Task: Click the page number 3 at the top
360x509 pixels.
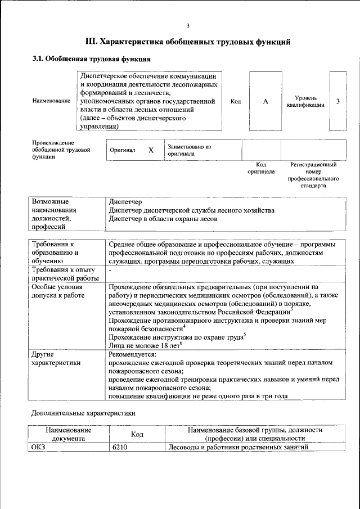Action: click(x=188, y=25)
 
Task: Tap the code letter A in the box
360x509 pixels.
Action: click(x=265, y=101)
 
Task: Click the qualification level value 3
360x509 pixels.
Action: click(x=337, y=101)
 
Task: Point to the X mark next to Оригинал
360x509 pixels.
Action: click(x=151, y=151)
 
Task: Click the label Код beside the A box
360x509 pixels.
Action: click(x=236, y=101)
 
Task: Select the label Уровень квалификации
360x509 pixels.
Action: click(x=305, y=101)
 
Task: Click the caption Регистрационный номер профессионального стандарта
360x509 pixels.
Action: click(x=313, y=175)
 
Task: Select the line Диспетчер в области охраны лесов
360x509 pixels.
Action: click(x=163, y=219)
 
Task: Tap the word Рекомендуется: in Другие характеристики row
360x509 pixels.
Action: click(x=133, y=354)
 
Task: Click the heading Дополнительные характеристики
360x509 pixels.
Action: click(x=83, y=413)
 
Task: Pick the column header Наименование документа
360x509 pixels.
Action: click(x=69, y=434)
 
